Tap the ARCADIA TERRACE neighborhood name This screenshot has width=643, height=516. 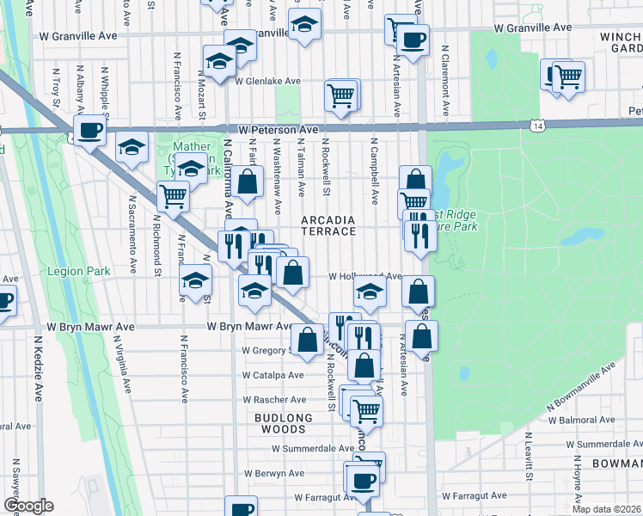(328, 225)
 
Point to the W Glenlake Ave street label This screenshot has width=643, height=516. (267, 82)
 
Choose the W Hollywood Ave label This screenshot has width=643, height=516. (365, 277)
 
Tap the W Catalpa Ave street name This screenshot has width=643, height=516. (273, 376)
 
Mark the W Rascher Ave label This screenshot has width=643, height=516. (275, 400)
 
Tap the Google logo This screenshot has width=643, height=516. (28, 506)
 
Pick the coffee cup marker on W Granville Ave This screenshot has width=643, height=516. (413, 40)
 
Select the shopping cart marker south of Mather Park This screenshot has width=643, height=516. (174, 196)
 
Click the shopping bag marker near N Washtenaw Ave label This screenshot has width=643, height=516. (248, 181)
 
